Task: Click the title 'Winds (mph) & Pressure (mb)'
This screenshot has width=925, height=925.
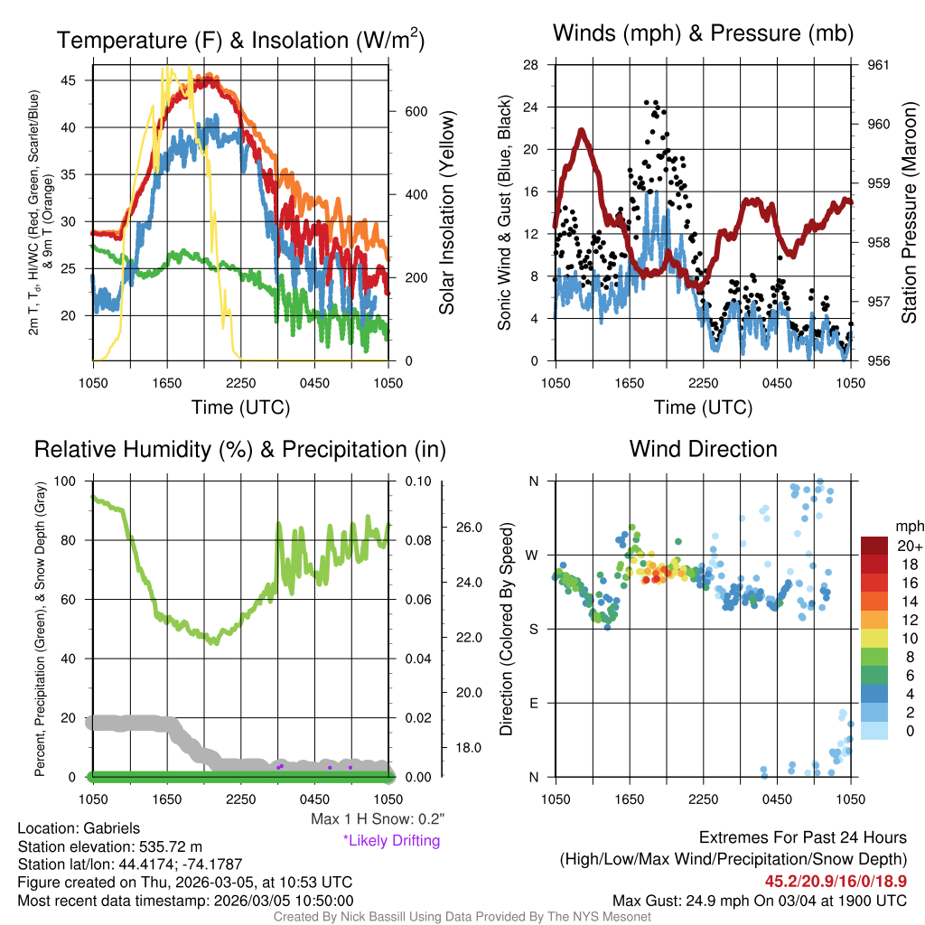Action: tap(703, 34)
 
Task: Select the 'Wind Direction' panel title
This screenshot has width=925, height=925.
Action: tap(703, 449)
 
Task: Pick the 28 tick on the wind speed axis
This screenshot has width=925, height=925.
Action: tap(532, 65)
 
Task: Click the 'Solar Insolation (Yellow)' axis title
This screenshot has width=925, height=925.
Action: tap(447, 213)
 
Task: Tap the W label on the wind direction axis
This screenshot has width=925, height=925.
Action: tap(533, 555)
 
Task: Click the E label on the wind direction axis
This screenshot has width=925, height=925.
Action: tap(534, 703)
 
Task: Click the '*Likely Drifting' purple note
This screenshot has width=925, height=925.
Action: tap(391, 841)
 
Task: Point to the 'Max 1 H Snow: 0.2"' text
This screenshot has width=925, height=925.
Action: tap(378, 818)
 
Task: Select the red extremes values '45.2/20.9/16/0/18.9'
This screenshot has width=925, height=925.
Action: tap(836, 881)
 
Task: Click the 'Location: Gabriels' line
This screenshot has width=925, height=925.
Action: tap(79, 828)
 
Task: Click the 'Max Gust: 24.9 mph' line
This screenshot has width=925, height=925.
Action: tap(759, 900)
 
